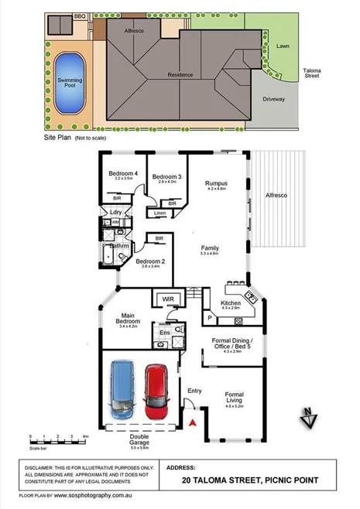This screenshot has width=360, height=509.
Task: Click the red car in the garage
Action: click(x=157, y=394)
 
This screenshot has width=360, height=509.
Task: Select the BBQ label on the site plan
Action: click(x=79, y=15)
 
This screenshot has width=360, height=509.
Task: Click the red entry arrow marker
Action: click(x=194, y=422)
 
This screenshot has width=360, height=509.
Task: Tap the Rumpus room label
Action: click(x=215, y=184)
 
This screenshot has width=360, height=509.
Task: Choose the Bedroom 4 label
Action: click(x=123, y=174)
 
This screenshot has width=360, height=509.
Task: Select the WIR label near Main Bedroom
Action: click(x=167, y=299)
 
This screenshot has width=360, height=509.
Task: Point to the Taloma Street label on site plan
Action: click(x=311, y=73)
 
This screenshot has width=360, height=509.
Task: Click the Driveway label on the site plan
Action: click(x=274, y=100)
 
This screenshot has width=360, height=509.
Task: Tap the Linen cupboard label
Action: click(x=159, y=213)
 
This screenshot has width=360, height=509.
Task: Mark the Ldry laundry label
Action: click(x=116, y=211)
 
